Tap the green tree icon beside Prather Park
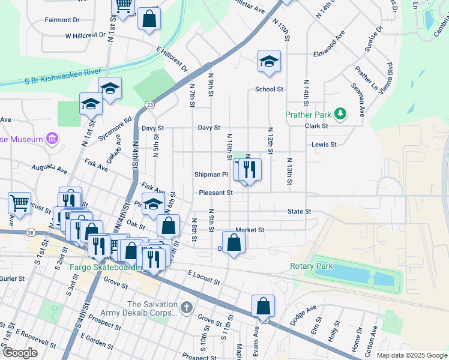pos(340,113)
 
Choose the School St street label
pos(268,89)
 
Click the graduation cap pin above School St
pos(269,61)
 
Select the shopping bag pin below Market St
pos(234,243)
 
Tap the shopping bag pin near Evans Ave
pos(263,306)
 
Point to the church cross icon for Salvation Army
pos(187,308)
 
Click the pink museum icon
pos(52,139)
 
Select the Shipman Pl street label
pos(211,175)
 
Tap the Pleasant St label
pos(216,193)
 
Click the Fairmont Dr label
pos(62,20)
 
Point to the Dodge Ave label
pos(303,315)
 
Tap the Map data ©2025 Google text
pos(411,355)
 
